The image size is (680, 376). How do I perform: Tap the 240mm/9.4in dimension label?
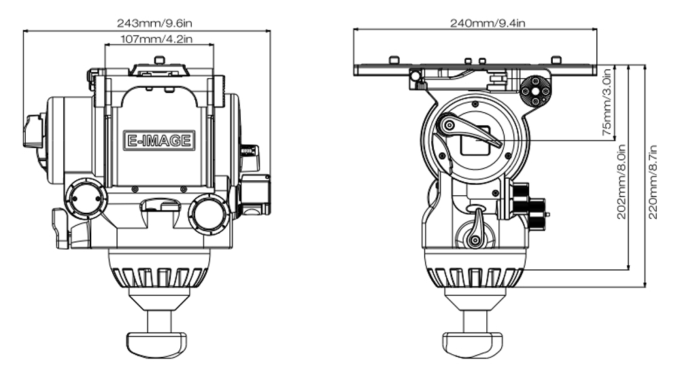coord(488,22)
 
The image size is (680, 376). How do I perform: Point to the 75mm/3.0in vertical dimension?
coord(607,102)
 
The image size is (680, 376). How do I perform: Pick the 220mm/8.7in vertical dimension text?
coord(654,180)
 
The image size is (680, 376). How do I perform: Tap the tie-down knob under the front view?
coord(157,339)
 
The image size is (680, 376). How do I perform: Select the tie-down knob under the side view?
coord(474,339)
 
